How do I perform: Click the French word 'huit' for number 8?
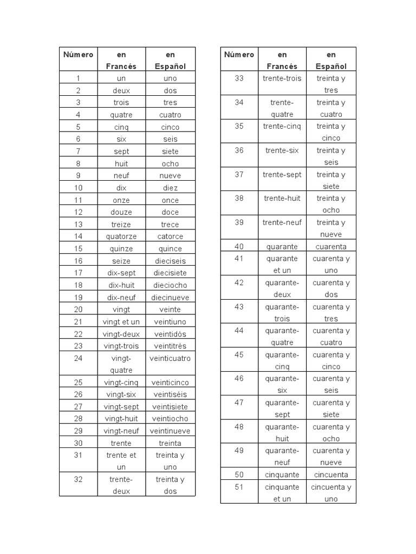(121, 163)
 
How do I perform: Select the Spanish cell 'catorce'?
(170, 236)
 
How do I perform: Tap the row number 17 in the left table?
(79, 273)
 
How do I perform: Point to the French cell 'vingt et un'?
(121, 321)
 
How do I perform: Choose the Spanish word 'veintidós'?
(170, 334)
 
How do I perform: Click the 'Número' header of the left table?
(79, 55)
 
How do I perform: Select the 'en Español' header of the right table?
(331, 60)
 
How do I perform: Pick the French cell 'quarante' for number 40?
(282, 246)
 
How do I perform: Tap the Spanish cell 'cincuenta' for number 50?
(331, 474)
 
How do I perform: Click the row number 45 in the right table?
(239, 355)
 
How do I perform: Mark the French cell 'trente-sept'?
(282, 174)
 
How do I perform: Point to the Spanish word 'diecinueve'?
(170, 297)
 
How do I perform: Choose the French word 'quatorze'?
(121, 236)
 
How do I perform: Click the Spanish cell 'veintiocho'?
(170, 418)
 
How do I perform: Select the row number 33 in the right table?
(239, 78)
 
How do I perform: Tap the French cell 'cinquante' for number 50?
(282, 474)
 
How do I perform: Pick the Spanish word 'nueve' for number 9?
(170, 175)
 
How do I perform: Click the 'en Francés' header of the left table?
(121, 60)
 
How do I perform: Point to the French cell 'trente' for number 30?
(121, 443)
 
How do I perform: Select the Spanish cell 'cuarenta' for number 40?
(331, 246)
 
